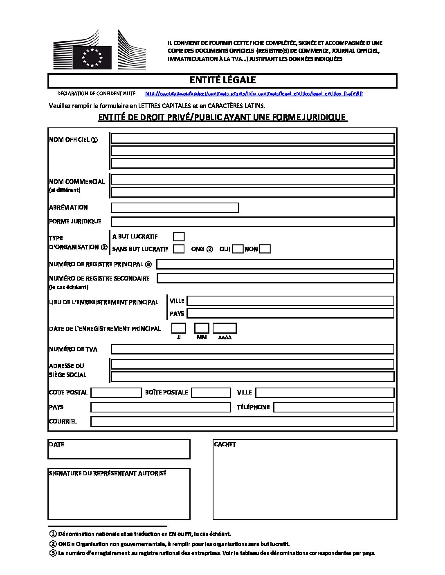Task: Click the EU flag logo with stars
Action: point(92,57)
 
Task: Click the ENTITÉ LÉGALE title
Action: point(222,80)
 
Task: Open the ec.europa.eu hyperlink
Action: point(254,94)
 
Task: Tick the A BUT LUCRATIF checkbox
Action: point(179,236)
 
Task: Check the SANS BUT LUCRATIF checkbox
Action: point(179,249)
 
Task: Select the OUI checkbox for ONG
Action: point(237,249)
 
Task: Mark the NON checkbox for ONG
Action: point(265,249)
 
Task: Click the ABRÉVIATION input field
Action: point(175,207)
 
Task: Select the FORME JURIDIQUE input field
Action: point(252,221)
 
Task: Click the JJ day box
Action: point(178,328)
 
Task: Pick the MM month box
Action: point(202,328)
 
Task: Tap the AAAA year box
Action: point(225,328)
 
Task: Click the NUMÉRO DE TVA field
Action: point(252,349)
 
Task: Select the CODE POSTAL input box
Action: point(116,392)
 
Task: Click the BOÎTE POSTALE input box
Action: point(211,392)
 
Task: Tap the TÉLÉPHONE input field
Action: point(333,407)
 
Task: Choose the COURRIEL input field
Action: point(242,421)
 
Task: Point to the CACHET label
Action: point(225,444)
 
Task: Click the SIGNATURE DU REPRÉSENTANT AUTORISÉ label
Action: point(108,473)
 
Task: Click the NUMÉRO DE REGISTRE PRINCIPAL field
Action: point(275,264)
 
